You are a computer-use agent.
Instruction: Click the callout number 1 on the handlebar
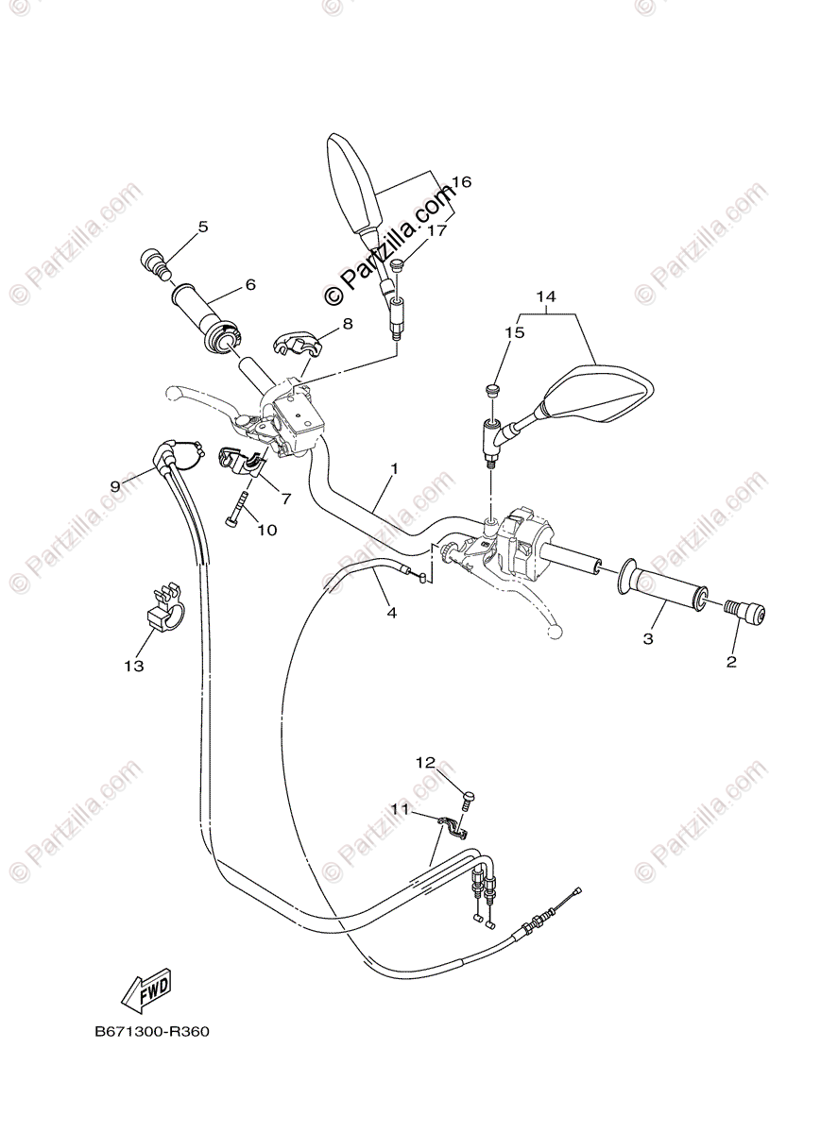(394, 468)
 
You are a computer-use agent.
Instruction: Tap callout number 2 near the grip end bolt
(731, 662)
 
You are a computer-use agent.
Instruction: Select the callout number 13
(133, 667)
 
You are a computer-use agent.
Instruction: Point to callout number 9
(115, 485)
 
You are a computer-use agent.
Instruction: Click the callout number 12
(425, 761)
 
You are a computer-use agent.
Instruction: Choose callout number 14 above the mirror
(546, 296)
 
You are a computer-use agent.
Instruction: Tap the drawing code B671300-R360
(151, 1032)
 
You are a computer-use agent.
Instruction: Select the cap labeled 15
(491, 390)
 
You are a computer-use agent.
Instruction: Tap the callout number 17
(436, 229)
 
